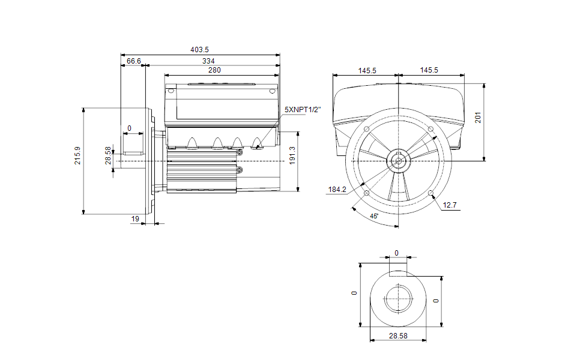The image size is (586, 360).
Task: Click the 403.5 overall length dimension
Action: pos(199,50)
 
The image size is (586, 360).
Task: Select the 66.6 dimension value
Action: pos(134,61)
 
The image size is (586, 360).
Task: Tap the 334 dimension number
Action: pos(208,61)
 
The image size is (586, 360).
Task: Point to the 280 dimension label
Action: pos(214,70)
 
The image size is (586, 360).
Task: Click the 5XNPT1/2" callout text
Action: pos(303,110)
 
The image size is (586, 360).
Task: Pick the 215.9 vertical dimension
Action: pos(77,155)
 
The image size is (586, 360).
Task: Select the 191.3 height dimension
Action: pos(292,155)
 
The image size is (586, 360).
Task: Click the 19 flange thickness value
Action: pos(135,219)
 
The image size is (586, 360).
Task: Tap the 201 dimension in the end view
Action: pos(478,118)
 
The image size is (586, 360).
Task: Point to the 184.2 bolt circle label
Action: pos(337,190)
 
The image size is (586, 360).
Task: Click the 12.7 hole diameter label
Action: pos(450,205)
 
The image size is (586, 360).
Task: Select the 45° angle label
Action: pos(374,216)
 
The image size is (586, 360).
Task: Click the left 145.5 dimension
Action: pos(367,71)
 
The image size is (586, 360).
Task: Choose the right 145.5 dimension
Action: pos(429,70)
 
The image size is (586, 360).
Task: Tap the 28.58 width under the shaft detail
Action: pos(398,336)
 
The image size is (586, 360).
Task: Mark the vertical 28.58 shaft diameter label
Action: pos(108,155)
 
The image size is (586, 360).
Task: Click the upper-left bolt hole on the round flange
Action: pos(367,129)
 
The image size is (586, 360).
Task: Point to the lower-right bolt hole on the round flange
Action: pos(430,193)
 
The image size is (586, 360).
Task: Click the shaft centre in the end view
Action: pos(399,161)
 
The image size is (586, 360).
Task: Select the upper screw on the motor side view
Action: pos(240,152)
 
